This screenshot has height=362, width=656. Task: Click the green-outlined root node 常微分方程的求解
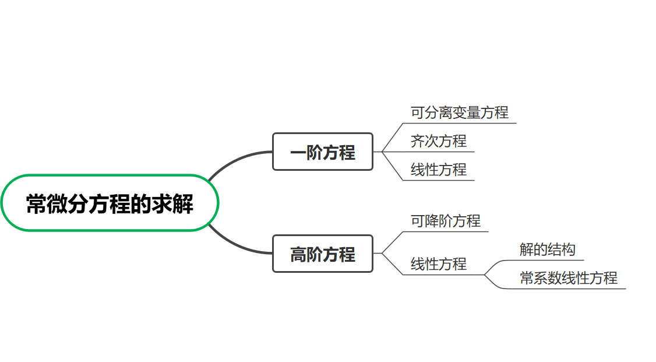pyautogui.click(x=110, y=203)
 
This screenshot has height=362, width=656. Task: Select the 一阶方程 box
pyautogui.click(x=322, y=152)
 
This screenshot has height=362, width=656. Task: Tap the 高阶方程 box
pyautogui.click(x=322, y=254)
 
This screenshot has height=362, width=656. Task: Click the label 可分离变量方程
pyautogui.click(x=459, y=113)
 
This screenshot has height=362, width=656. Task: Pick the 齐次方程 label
pyautogui.click(x=438, y=141)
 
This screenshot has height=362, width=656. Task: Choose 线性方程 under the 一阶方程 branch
pyautogui.click(x=438, y=170)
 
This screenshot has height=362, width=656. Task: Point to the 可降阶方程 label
pyautogui.click(x=445, y=221)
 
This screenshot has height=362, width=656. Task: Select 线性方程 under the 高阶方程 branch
pyautogui.click(x=438, y=264)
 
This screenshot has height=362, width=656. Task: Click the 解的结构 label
pyautogui.click(x=547, y=249)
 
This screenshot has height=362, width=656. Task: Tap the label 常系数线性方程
pyautogui.click(x=568, y=278)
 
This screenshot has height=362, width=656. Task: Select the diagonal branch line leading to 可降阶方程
pyautogui.click(x=392, y=241)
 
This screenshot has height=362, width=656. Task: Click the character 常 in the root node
pyautogui.click(x=37, y=204)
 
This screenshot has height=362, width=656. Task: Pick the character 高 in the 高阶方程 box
pyautogui.click(x=298, y=255)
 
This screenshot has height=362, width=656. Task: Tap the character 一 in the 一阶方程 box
pyautogui.click(x=298, y=153)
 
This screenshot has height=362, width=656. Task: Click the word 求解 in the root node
pyautogui.click(x=172, y=204)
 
